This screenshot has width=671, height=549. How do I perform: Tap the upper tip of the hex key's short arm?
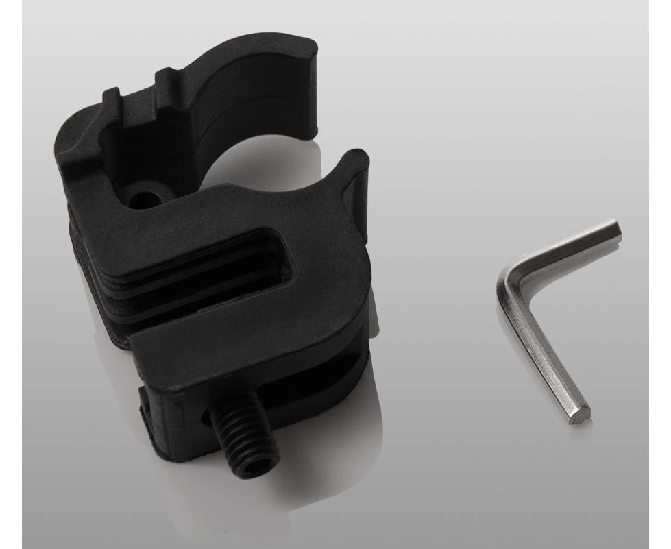click(x=615, y=230)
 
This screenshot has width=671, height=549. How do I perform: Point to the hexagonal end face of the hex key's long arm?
click(x=581, y=413)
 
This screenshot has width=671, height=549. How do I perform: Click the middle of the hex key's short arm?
click(x=562, y=250)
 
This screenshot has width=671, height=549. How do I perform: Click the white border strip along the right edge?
click(x=659, y=274)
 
